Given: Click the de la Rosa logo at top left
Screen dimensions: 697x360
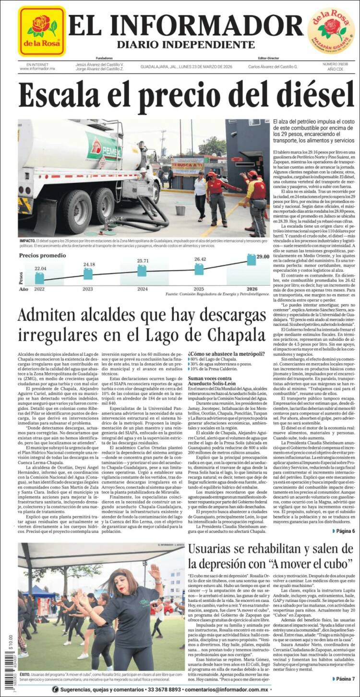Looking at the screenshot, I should click(42, 31).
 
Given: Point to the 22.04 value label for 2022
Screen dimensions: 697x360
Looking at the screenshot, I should click(40, 268).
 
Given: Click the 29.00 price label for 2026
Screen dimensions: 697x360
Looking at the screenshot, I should click(262, 257).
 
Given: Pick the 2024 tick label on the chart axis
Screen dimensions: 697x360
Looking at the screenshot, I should click(143, 289).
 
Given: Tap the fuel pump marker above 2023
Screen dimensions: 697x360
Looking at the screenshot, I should click(88, 274).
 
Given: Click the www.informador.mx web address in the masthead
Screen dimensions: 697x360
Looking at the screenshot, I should click(37, 69).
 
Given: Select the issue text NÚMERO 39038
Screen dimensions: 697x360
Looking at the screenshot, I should click(335, 63).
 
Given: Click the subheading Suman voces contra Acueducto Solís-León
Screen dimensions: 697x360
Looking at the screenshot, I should click(215, 382).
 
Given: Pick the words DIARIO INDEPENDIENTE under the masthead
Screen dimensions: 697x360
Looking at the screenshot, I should click(185, 45).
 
